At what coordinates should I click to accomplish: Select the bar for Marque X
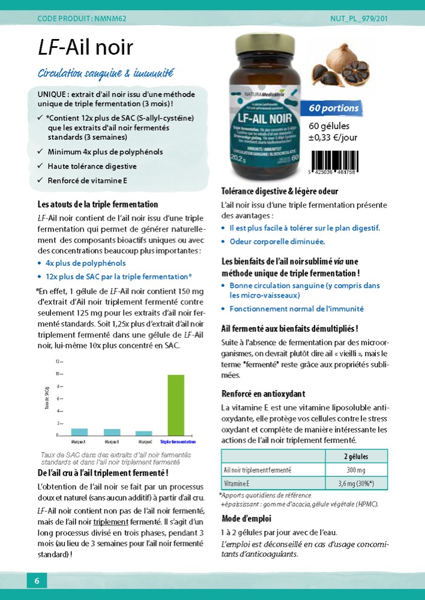[80, 431]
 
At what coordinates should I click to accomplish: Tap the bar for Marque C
[144, 433]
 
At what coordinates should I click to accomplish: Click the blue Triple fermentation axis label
[178, 442]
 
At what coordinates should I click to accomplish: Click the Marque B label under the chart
[112, 442]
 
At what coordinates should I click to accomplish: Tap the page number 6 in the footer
[37, 581]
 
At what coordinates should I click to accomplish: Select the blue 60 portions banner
[334, 109]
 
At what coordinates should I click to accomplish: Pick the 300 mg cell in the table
[356, 470]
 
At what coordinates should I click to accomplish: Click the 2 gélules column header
[356, 456]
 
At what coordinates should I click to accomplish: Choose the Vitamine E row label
[237, 483]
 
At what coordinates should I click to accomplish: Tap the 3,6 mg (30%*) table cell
[356, 483]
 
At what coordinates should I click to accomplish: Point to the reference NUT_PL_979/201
[359, 19]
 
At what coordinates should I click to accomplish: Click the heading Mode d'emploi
[247, 518]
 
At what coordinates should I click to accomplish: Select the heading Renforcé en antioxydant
[263, 394]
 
